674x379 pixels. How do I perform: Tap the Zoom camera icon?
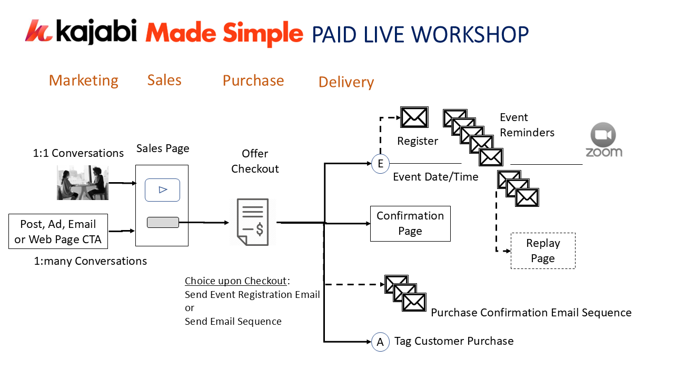(603, 135)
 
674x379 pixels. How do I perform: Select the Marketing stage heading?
(83, 81)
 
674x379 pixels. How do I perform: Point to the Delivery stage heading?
(346, 82)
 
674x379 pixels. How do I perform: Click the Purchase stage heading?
(253, 81)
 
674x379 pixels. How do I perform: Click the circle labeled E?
(380, 164)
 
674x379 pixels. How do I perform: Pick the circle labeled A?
(380, 342)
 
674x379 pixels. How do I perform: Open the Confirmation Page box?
(410, 224)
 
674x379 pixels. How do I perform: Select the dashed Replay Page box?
(543, 251)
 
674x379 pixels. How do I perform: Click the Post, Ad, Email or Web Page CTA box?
(58, 232)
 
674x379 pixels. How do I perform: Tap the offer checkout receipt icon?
(253, 222)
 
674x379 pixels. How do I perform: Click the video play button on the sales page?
(163, 190)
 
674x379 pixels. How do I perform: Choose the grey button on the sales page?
(163, 223)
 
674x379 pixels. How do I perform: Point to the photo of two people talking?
(83, 183)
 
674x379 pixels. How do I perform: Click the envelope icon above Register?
(414, 117)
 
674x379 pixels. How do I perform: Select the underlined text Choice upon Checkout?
(235, 281)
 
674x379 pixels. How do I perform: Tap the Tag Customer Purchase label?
(454, 341)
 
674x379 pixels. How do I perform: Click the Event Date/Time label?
(435, 177)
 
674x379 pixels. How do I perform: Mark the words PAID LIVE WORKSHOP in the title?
(420, 34)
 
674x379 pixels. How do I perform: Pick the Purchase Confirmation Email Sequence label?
(531, 313)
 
